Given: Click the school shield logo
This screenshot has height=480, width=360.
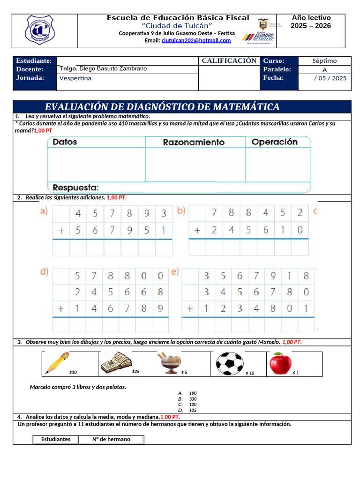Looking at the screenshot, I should coord(40,30).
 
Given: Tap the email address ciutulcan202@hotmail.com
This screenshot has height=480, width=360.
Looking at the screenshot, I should coord(196,41).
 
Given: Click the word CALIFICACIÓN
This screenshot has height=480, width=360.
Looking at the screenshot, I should coord(229,61).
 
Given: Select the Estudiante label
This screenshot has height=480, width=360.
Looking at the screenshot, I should coord(34,61).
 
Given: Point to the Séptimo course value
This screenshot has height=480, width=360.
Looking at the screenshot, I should coord(324,61).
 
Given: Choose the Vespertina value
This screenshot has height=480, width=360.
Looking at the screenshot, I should coord(75,78).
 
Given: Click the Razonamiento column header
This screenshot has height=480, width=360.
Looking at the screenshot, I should coord(194,142).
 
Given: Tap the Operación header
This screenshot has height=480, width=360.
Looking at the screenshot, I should coord(275,142).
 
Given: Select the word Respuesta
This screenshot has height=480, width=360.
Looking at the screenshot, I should coord(75,187).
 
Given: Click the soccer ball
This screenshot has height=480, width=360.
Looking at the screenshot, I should coord(230,363).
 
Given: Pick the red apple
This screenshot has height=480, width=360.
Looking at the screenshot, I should coord(280,362).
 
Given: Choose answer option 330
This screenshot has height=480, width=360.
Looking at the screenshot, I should coord(193,399).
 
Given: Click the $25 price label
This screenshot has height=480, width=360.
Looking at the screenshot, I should coord(135,372).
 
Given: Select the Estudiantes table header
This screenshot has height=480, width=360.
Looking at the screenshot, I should coord(56,440).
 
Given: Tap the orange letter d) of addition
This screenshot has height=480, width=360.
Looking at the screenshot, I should coord(44,271).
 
